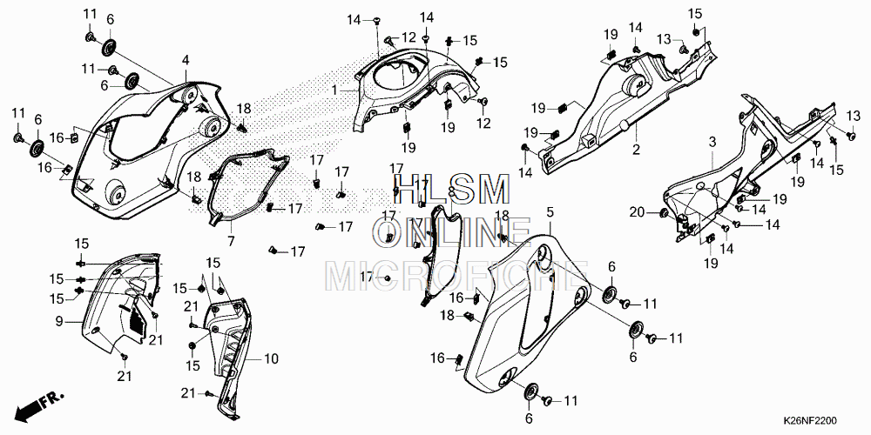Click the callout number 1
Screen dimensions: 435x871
(334, 90)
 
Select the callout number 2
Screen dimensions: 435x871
(636, 150)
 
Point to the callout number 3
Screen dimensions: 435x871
(712, 141)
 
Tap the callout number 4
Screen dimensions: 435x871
(186, 59)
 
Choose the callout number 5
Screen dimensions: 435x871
(550, 212)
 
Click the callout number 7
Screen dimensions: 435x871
(231, 240)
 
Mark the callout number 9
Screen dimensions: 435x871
(59, 322)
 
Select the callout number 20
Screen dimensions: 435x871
(637, 213)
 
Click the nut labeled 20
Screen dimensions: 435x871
(663, 213)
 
